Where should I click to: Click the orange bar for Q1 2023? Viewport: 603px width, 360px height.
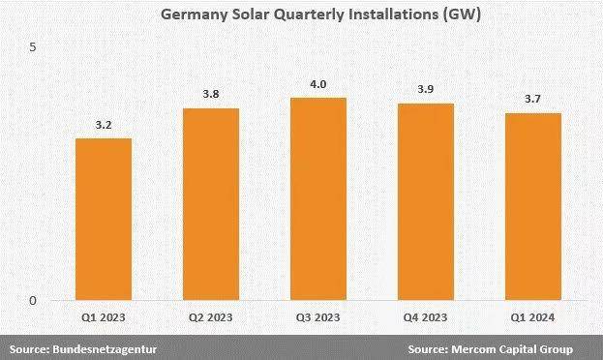[x=104, y=219]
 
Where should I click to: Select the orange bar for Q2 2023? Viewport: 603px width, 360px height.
[x=211, y=204]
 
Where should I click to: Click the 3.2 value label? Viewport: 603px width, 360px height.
[x=104, y=125]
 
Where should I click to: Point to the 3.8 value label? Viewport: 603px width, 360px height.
[x=211, y=95]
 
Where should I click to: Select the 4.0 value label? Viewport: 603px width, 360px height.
[x=318, y=84]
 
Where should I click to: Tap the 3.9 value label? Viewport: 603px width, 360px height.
[x=426, y=89]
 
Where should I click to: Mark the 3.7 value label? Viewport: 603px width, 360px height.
[x=533, y=100]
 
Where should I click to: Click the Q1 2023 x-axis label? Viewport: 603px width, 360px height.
[x=104, y=316]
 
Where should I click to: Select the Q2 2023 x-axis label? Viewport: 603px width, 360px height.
[x=211, y=316]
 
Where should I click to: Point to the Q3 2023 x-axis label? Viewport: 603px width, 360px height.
[x=318, y=316]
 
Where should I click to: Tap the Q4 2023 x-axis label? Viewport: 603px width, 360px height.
[x=426, y=316]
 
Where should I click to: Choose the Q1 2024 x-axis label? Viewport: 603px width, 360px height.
[x=533, y=316]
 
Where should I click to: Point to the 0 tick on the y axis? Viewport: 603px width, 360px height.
[x=32, y=301]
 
